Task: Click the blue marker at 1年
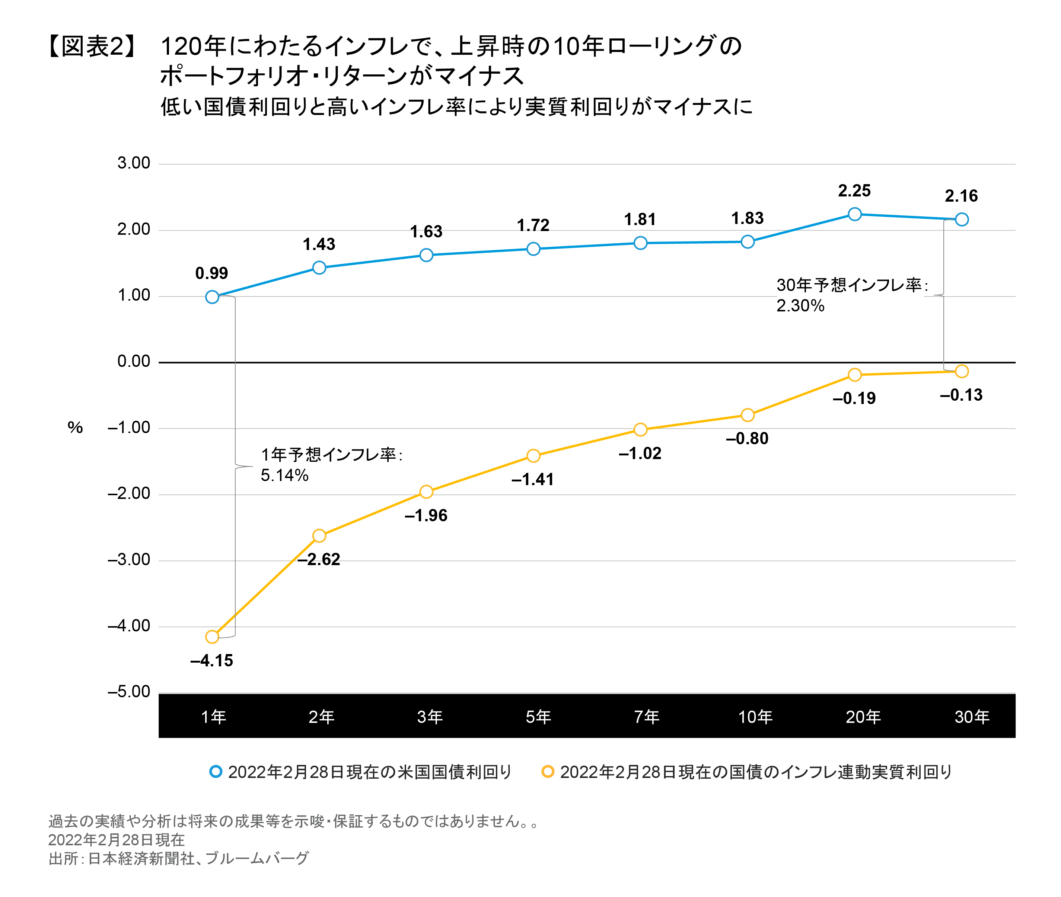(x=212, y=297)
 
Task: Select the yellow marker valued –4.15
(x=212, y=637)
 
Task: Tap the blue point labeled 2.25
(x=854, y=214)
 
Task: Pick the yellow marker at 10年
(x=747, y=415)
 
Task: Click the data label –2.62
(x=319, y=559)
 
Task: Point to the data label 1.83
(x=747, y=218)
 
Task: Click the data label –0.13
(x=961, y=395)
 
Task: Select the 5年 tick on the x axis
(x=538, y=717)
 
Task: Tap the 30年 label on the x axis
(x=971, y=717)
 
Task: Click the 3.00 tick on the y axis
(x=134, y=163)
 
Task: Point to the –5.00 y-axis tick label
(x=129, y=692)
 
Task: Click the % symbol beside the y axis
(x=75, y=427)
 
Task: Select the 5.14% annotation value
(x=284, y=475)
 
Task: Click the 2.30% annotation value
(x=800, y=305)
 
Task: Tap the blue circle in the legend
(x=216, y=771)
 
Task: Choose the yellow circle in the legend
(x=548, y=771)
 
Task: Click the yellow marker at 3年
(x=426, y=492)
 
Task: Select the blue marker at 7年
(x=640, y=243)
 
